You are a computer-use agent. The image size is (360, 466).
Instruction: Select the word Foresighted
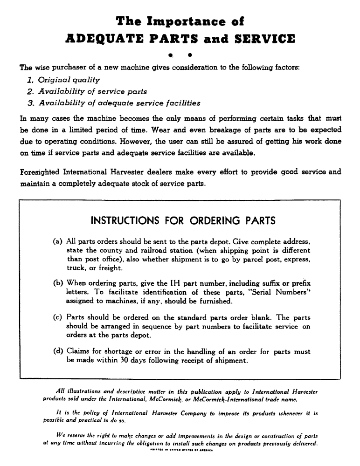point(41,172)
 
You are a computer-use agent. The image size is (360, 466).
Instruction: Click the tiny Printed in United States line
point(180,450)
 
